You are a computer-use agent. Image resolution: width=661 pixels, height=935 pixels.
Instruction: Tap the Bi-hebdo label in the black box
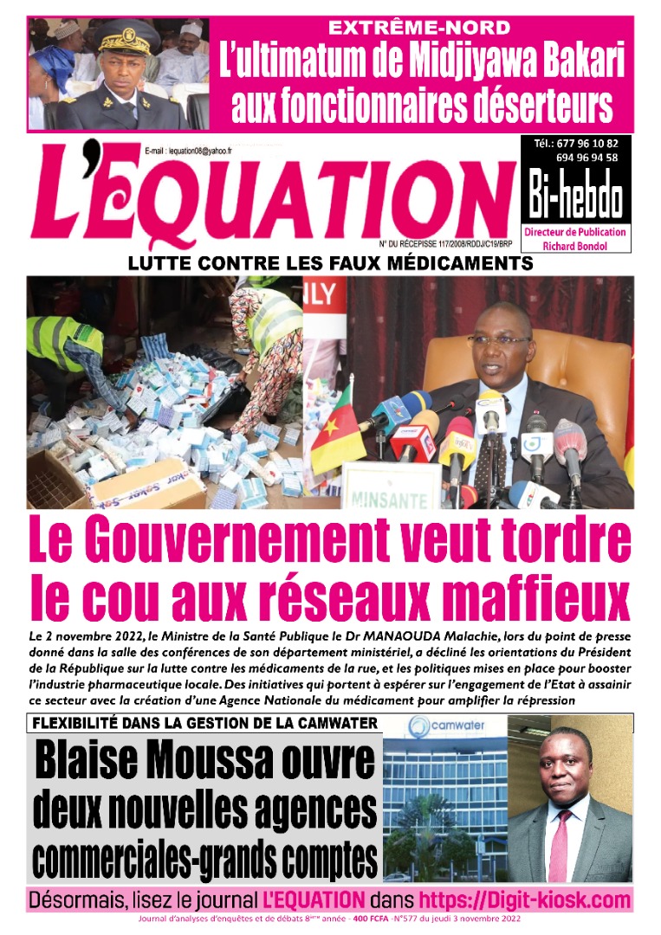coord(575,199)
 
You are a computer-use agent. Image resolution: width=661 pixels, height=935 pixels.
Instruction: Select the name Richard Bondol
coord(575,245)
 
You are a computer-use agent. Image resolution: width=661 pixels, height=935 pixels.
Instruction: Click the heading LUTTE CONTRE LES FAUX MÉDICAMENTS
coord(329,263)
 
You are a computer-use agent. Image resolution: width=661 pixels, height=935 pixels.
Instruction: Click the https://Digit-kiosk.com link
coord(525,900)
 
